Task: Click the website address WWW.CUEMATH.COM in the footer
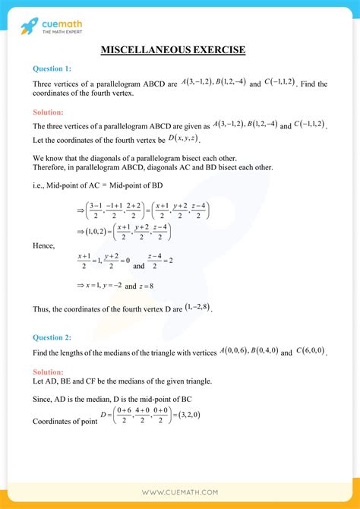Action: (180, 492)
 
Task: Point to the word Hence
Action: (45, 246)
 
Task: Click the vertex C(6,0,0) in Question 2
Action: (309, 352)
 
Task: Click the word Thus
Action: (43, 310)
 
